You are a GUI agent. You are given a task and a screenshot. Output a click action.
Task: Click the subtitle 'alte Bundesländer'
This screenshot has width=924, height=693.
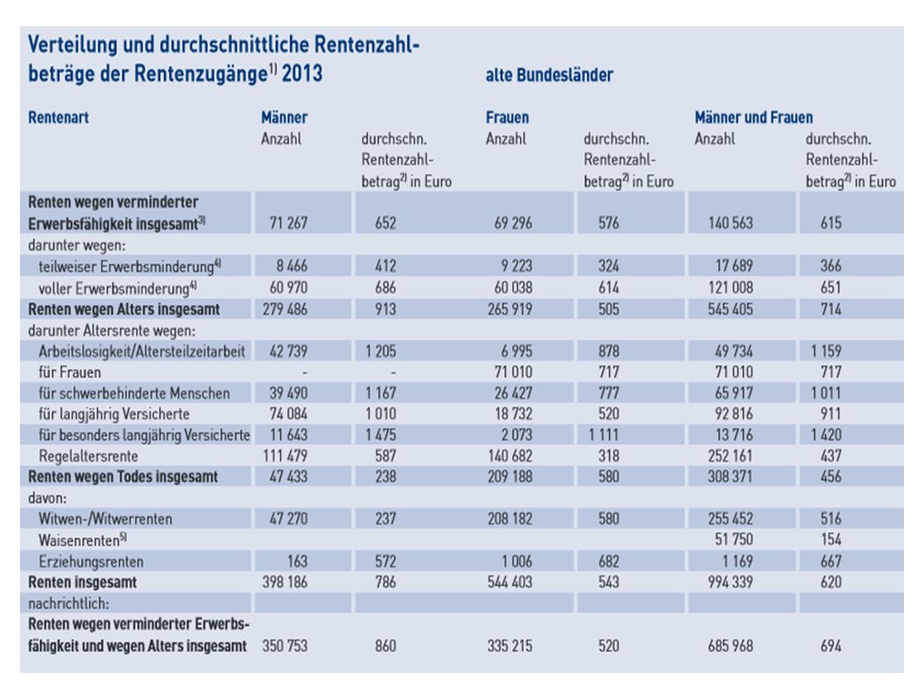click(x=549, y=75)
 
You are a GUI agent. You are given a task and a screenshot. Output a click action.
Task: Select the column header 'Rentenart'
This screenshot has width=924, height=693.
click(x=59, y=117)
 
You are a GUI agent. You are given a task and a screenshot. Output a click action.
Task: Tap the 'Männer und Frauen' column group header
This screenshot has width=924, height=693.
click(x=754, y=117)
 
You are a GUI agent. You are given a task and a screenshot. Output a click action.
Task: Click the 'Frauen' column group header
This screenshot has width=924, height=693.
click(x=507, y=117)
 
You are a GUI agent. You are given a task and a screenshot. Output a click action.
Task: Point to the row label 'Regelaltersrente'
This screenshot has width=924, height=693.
click(x=88, y=456)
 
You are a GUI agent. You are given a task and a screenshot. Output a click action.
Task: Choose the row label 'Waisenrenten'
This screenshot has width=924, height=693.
click(x=82, y=540)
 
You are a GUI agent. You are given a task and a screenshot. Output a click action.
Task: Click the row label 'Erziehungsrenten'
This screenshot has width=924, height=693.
click(x=92, y=561)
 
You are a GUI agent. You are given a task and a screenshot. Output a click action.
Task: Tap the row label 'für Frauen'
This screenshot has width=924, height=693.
click(x=70, y=372)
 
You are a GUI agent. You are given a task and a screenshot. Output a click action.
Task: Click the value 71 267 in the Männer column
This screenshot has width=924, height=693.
click(x=288, y=223)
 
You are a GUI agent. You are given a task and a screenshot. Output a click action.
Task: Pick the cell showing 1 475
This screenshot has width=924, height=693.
click(x=381, y=434)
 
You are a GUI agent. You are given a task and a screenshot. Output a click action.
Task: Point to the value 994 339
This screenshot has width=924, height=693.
click(x=730, y=582)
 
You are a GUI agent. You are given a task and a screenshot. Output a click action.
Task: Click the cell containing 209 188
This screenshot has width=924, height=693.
click(x=510, y=476)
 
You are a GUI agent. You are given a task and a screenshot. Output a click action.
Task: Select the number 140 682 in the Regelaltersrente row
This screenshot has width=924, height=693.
click(x=510, y=456)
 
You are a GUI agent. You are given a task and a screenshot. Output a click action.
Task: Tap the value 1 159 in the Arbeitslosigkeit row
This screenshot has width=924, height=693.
click(x=826, y=351)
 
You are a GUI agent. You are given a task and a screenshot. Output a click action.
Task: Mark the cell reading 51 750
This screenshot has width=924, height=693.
click(x=734, y=540)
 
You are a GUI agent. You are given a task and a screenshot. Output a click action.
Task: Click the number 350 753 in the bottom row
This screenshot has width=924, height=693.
click(x=285, y=646)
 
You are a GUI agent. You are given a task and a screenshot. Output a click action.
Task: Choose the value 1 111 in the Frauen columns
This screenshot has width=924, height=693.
click(x=603, y=434)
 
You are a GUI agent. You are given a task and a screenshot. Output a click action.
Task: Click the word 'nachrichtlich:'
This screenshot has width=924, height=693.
click(x=68, y=603)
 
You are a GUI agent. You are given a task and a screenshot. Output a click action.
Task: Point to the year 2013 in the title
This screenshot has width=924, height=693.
click(x=301, y=73)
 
